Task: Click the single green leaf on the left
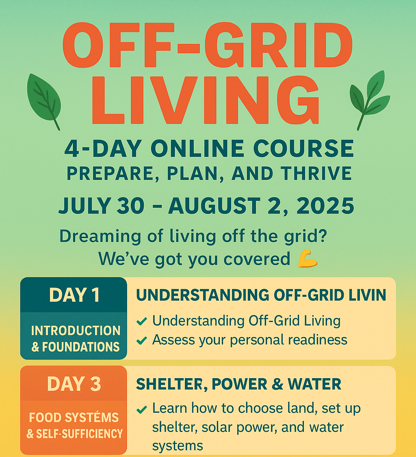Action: click(44, 98)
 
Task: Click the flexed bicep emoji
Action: click(308, 259)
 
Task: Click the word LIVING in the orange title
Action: click(206, 100)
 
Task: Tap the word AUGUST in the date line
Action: click(214, 206)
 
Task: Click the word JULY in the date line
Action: click(85, 206)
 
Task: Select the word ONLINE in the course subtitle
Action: click(197, 148)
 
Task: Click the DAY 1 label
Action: click(75, 295)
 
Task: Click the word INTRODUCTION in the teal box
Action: click(76, 331)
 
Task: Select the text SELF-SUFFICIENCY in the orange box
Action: click(79, 434)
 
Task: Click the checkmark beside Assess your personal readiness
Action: click(142, 340)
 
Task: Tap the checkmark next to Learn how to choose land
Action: click(142, 410)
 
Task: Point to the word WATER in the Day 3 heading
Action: click(314, 384)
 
